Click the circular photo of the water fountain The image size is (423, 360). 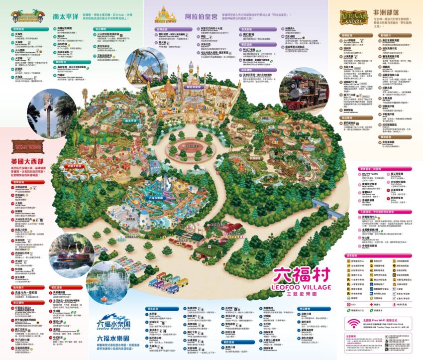(x=106, y=284)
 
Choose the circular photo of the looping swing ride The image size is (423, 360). (x=145, y=67)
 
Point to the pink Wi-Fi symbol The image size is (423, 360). (x=354, y=324)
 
